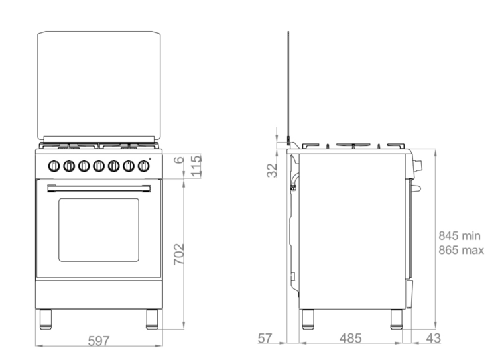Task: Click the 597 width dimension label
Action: coord(99,341)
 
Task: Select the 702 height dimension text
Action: coord(178,255)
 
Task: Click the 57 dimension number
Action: coord(265,339)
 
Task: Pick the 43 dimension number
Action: coord(432,339)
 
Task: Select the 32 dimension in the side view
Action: coord(272,170)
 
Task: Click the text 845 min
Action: coord(459,235)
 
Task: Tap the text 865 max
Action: coord(461,250)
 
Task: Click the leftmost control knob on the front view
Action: coord(55,166)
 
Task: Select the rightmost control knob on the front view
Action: coord(143,166)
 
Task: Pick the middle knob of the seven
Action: coord(99,166)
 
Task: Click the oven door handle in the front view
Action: coord(99,189)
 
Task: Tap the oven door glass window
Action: coord(99,229)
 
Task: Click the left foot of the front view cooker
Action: coord(46,319)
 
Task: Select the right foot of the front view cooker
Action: coord(152,319)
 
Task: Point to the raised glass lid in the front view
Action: coord(99,86)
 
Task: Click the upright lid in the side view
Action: coord(288,86)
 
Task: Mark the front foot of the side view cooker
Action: coord(396,319)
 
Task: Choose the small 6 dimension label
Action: coord(178,160)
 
